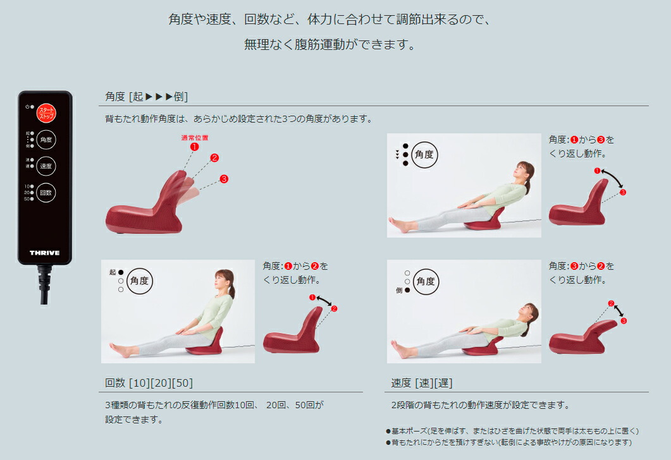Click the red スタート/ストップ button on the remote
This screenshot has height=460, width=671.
pyautogui.click(x=46, y=112)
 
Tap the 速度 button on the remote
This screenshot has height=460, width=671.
pyautogui.click(x=46, y=166)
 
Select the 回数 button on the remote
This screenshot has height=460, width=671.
pyautogui.click(x=46, y=192)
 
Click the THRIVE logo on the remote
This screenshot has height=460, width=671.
pyautogui.click(x=45, y=253)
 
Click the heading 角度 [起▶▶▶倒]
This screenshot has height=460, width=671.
pyautogui.click(x=147, y=97)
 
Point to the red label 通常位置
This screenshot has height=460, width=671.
pyautogui.click(x=194, y=137)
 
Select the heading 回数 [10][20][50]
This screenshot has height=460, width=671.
pyautogui.click(x=149, y=383)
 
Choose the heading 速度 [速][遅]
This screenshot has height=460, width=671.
pyautogui.click(x=422, y=383)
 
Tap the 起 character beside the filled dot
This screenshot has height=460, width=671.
pyautogui.click(x=112, y=272)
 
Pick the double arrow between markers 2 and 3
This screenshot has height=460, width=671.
pyautogui.click(x=618, y=312)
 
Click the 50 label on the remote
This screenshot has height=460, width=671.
pyautogui.click(x=27, y=199)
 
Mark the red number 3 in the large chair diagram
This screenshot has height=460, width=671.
pyautogui.click(x=223, y=179)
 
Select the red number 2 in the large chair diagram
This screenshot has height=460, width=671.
pyautogui.click(x=214, y=158)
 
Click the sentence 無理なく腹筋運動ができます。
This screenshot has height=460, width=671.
pyautogui.click(x=329, y=45)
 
